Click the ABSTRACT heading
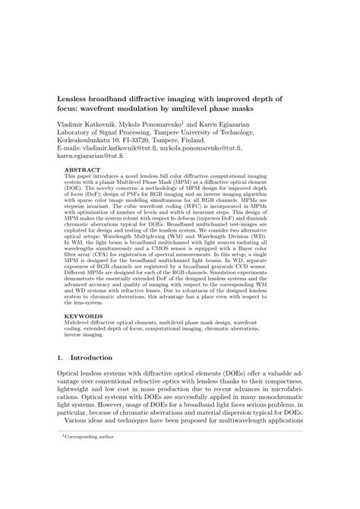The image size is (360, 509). [x=80, y=172]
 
